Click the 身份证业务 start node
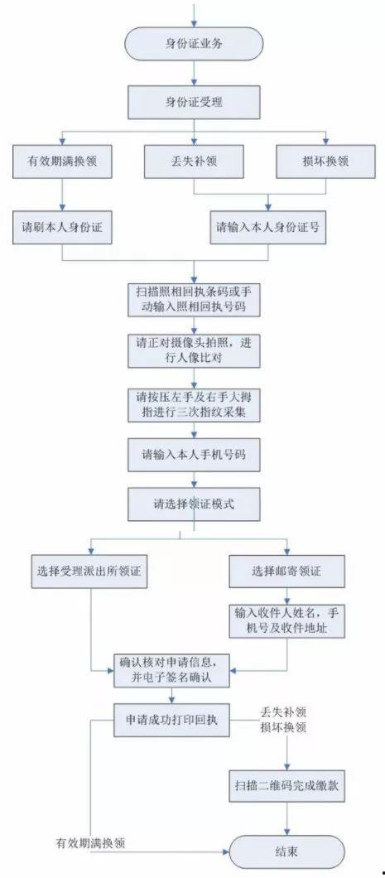(x=194, y=44)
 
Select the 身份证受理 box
(x=194, y=101)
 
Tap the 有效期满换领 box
(x=62, y=162)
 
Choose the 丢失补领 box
(x=194, y=162)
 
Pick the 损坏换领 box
(x=325, y=162)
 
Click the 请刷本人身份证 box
(x=62, y=227)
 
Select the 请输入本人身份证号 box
(x=268, y=227)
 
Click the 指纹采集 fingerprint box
(x=194, y=404)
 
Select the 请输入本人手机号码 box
(x=194, y=454)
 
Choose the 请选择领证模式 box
(x=194, y=504)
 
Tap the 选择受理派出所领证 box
(x=93, y=572)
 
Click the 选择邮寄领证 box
(x=286, y=572)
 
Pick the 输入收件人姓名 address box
(x=287, y=620)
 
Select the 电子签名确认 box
(x=171, y=669)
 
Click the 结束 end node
(x=287, y=851)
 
